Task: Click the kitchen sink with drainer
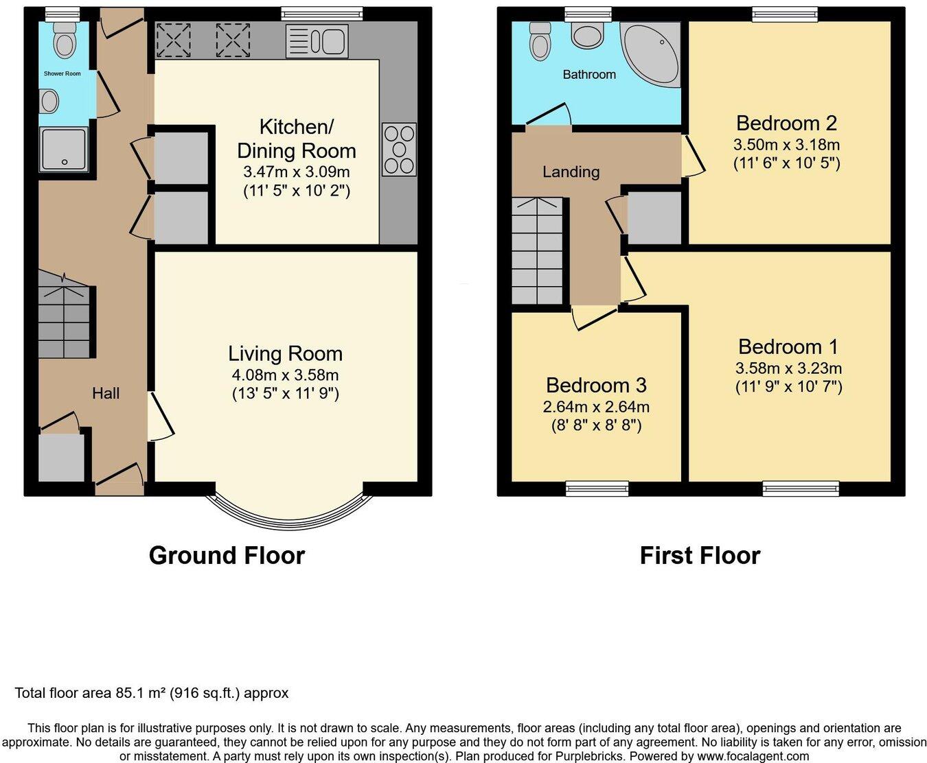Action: pos(317,41)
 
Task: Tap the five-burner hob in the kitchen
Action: pos(399,149)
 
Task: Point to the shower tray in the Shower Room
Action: pos(64,150)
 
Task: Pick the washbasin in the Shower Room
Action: pos(49,102)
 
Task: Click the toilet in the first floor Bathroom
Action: pos(540,41)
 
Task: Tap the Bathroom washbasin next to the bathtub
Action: pos(587,35)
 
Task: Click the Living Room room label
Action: pos(286,354)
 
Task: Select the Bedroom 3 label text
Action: pos(596,385)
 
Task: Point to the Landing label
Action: pos(571,172)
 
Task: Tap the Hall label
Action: pos(106,393)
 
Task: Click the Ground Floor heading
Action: pos(227,555)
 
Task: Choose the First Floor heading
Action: pos(700,555)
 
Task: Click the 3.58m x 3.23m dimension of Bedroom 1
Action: pos(788,368)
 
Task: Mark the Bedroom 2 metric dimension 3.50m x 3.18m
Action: pos(787,145)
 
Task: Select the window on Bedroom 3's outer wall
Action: pos(597,489)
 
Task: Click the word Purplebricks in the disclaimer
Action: pos(590,756)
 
